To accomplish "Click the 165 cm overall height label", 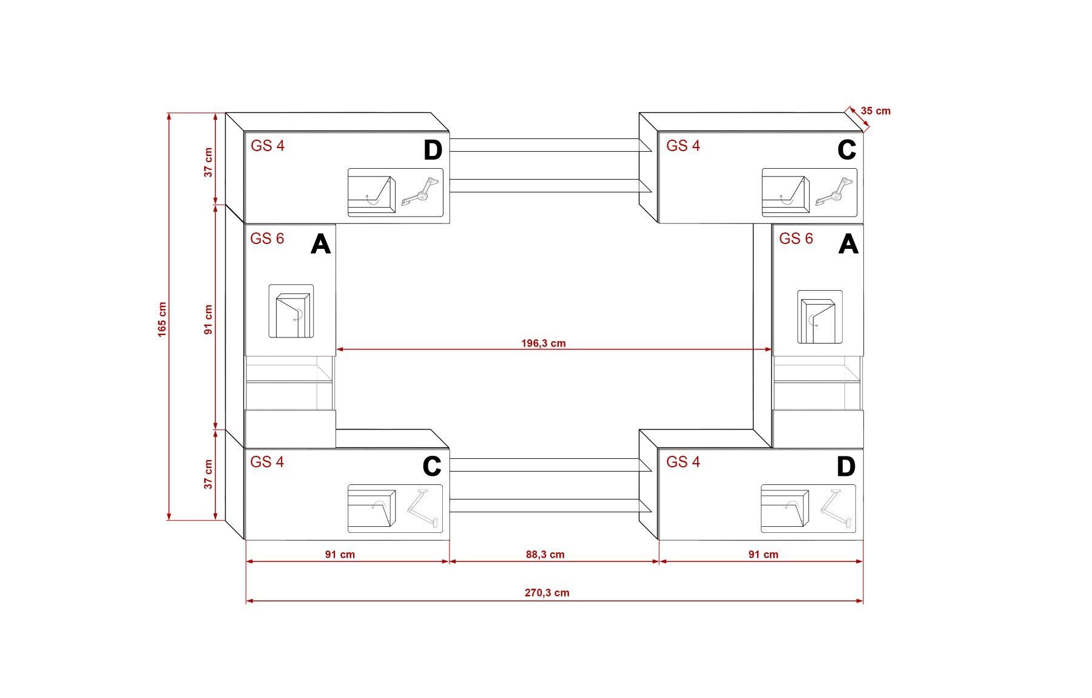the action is [x=162, y=319].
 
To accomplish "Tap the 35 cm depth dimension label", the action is [x=876, y=111].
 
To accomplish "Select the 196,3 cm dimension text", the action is [x=544, y=344].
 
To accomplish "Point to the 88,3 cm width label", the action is [x=545, y=554].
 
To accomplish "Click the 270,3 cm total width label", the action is [x=547, y=592].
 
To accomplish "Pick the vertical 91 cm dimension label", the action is [x=209, y=320].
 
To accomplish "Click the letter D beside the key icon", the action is [x=433, y=150].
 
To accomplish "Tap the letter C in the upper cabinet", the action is [x=846, y=150].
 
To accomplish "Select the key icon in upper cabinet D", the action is [x=420, y=190].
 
